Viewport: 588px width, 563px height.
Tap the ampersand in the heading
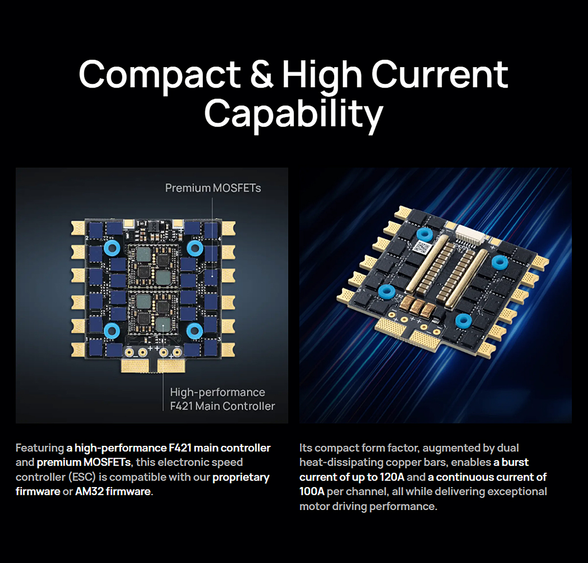tap(262, 74)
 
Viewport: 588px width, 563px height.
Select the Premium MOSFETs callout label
tap(213, 188)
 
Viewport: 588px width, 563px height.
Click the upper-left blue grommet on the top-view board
tap(112, 248)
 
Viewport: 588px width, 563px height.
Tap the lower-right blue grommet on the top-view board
tap(195, 331)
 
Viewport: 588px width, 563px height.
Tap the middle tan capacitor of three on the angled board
tap(417, 307)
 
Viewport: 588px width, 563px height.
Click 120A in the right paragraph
tap(392, 477)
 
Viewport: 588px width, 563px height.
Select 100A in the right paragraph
tap(312, 491)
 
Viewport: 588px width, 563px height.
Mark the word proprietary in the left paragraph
tap(241, 477)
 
